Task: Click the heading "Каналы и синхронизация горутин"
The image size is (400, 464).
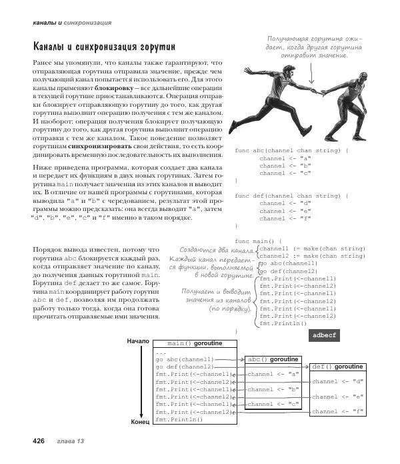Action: tap(104, 47)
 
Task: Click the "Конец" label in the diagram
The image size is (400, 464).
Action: tap(139, 423)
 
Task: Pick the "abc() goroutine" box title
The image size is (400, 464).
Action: tap(273, 359)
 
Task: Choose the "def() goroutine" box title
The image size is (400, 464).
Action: tap(337, 367)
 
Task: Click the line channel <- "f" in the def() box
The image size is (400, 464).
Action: tap(337, 412)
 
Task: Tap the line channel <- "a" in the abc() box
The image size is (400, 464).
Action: tap(273, 374)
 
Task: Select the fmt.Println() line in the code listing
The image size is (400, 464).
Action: tap(283, 323)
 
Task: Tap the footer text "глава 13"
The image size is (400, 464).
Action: tap(70, 442)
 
